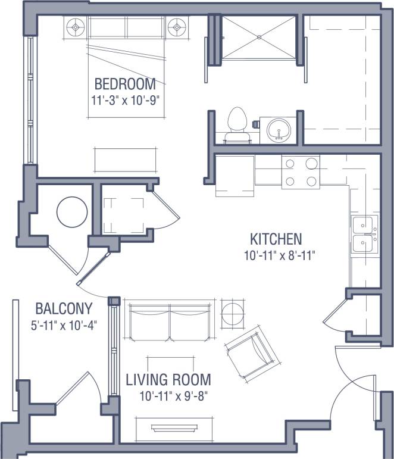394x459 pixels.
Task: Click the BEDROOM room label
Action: pyautogui.click(x=125, y=83)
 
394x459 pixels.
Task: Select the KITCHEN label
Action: pyautogui.click(x=276, y=240)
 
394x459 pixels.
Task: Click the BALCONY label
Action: pyautogui.click(x=64, y=309)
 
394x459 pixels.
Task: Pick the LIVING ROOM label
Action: pyautogui.click(x=168, y=379)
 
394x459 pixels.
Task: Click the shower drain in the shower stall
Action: pyautogui.click(x=259, y=36)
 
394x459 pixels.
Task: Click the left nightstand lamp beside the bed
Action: pyautogui.click(x=76, y=26)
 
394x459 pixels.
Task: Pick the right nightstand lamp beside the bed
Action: pyautogui.click(x=177, y=26)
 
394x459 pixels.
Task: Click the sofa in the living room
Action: pyautogui.click(x=170, y=320)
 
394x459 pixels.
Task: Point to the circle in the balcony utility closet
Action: pyautogui.click(x=71, y=212)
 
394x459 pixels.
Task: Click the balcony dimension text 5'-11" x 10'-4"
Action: pyautogui.click(x=64, y=325)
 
